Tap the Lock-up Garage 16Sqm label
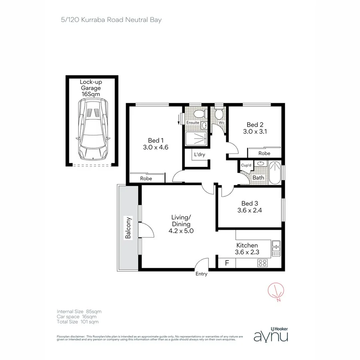pos(91,88)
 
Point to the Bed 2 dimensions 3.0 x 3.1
pos(254,131)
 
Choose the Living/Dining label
pos(181,224)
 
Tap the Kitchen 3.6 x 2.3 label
pos(247,248)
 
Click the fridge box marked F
pos(227,263)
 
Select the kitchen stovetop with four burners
pos(263,263)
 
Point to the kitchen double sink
pos(276,248)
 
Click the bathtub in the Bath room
pos(275,173)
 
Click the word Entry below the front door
pos(201,274)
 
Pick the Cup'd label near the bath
pos(246,165)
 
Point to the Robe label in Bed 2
pos(264,153)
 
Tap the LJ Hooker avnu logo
pos(271,334)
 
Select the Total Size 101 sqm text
pos(78,322)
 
